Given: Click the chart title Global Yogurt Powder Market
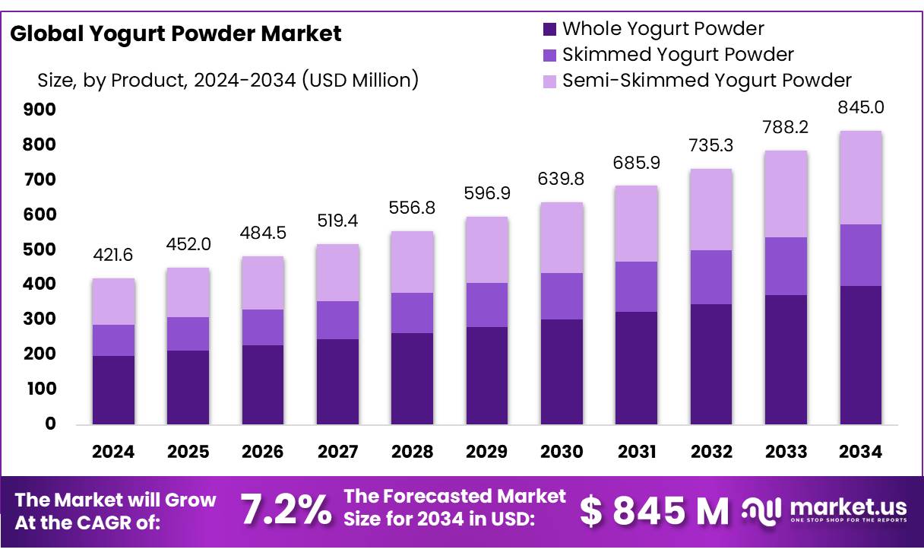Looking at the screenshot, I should pos(176,33).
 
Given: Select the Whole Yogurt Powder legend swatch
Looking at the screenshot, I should pos(549,30).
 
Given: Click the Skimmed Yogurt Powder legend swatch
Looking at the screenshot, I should pos(549,56).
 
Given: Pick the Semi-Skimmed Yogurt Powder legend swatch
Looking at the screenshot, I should pos(549,81).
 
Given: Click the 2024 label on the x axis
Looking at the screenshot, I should pos(113,452).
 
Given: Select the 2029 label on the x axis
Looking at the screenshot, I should pos(487,452).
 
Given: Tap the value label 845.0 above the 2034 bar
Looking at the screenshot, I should pos(861,107).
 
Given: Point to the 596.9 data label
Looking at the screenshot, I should pos(487,193).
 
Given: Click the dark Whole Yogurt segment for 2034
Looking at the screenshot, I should pos(861,355).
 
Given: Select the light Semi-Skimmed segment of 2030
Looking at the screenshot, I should pos(562,237).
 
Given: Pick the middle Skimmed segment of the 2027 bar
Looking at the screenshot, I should pos(337,319).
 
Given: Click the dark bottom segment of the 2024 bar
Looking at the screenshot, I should pos(113,389).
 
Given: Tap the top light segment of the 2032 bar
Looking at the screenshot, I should pos(711,209).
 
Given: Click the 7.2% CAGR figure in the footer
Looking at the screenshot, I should pos(286,510).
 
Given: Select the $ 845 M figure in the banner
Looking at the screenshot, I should pos(654,511).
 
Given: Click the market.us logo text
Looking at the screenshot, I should pos(848,507).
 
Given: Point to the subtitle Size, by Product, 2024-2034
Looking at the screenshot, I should pos(228,80).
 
